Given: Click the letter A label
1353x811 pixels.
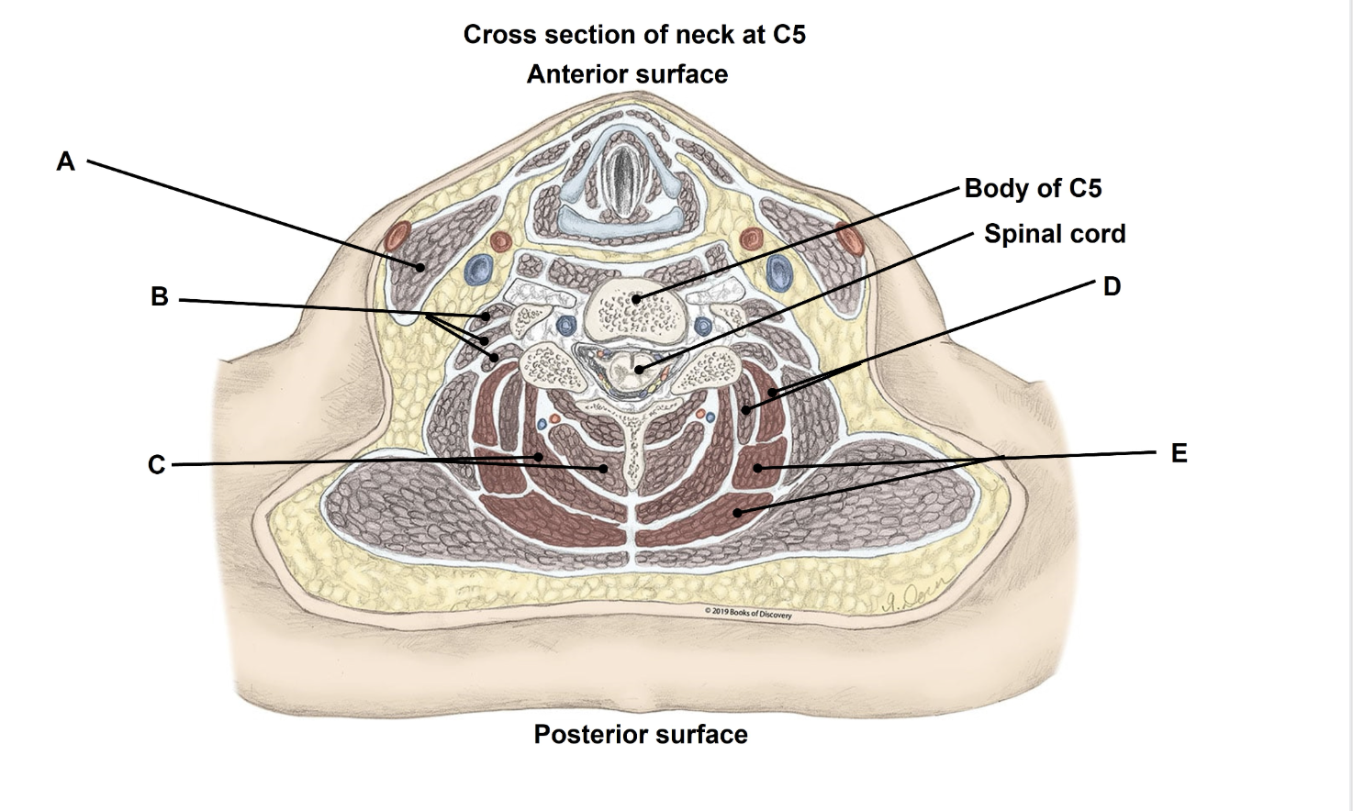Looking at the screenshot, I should tap(65, 161).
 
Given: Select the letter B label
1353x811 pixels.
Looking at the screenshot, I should tap(159, 297).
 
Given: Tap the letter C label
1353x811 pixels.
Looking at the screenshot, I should tap(156, 465).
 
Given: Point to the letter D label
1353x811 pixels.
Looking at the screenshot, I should tap(1112, 287).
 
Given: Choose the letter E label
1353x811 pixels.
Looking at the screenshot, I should tap(1179, 453).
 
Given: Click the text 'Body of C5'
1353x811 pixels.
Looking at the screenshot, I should tap(1033, 188).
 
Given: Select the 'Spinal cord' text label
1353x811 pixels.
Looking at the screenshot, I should tap(1055, 234).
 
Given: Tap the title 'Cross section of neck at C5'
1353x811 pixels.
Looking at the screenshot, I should tap(634, 35).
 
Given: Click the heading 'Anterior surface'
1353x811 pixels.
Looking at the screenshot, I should tap(627, 74).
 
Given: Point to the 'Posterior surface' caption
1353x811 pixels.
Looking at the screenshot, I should tap(641, 735).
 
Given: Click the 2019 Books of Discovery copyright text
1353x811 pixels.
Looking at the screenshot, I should tap(748, 613).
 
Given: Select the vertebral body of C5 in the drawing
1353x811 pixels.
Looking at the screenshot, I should tap(633, 306).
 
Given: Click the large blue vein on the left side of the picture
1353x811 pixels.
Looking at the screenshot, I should tap(477, 269).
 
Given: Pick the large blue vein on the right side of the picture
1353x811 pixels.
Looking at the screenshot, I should tap(779, 271).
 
